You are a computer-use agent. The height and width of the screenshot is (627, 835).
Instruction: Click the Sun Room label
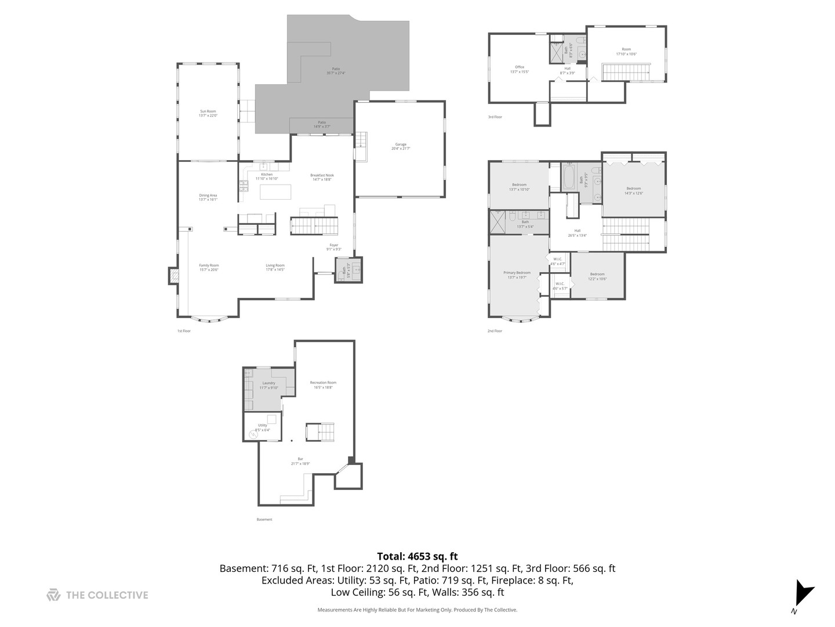pyautogui.click(x=208, y=113)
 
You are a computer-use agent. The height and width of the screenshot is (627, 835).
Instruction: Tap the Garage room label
pyautogui.click(x=401, y=146)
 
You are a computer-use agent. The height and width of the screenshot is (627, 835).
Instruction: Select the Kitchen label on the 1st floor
pyautogui.click(x=267, y=176)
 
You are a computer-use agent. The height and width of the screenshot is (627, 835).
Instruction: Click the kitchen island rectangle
pyautogui.click(x=275, y=192)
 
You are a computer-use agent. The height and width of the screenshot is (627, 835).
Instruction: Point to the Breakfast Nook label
pyautogui.click(x=322, y=177)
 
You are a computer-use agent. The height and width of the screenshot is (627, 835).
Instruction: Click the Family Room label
pyautogui.click(x=209, y=267)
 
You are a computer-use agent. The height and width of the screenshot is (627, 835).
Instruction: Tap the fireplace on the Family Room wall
pyautogui.click(x=173, y=276)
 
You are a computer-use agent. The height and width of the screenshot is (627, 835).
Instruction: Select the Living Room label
pyautogui.click(x=275, y=267)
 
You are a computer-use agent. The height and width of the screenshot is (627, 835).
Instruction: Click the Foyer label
pyautogui.click(x=334, y=247)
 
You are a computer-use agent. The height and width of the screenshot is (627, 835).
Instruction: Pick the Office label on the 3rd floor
pyautogui.click(x=520, y=69)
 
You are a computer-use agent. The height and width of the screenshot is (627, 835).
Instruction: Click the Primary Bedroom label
pyautogui.click(x=517, y=275)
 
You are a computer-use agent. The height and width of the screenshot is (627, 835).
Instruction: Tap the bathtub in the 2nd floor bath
pyautogui.click(x=568, y=177)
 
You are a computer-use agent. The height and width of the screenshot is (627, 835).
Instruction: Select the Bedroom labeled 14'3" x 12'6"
pyautogui.click(x=633, y=190)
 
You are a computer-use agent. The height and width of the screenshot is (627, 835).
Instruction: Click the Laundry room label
pyautogui.click(x=268, y=385)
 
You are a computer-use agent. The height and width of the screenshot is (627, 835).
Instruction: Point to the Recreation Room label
pyautogui.click(x=323, y=384)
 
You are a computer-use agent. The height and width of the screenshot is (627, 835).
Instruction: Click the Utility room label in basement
pyautogui.click(x=263, y=427)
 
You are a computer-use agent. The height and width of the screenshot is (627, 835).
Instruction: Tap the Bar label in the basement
pyautogui.click(x=300, y=461)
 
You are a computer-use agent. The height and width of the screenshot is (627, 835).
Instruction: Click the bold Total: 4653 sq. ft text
pyautogui.click(x=417, y=556)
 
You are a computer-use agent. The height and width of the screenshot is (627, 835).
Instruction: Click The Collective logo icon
pyautogui.click(x=53, y=594)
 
